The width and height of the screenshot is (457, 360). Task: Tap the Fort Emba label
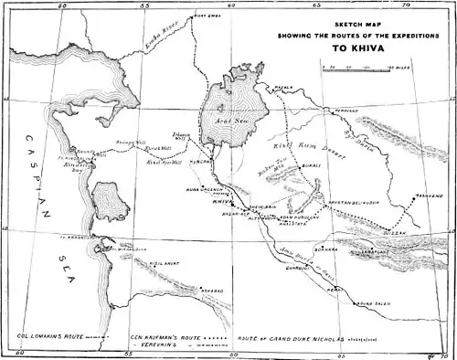(207, 16)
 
